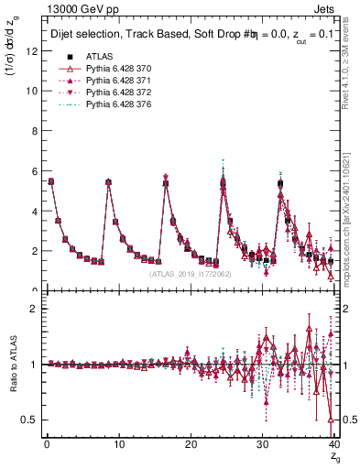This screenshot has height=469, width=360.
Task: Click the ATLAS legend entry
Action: [98, 56]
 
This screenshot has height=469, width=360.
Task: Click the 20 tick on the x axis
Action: [191, 444]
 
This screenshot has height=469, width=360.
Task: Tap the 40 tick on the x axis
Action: [334, 444]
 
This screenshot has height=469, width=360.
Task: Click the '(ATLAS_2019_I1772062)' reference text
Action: [190, 273]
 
